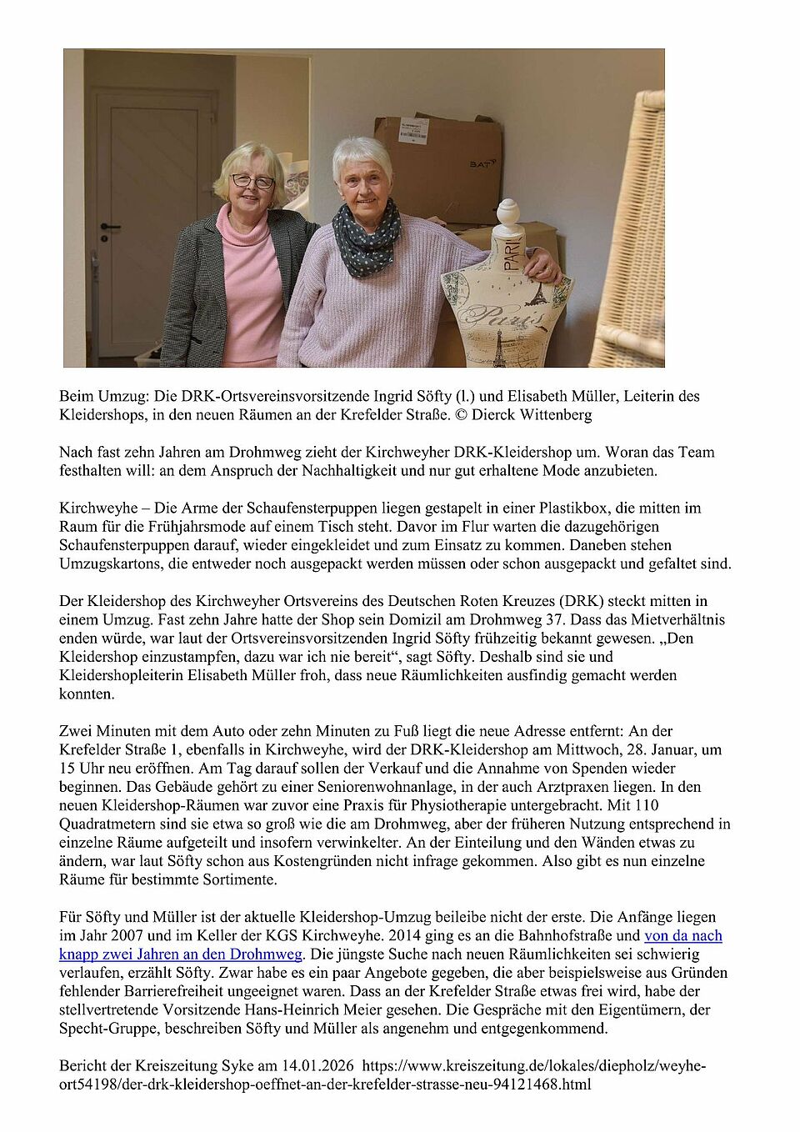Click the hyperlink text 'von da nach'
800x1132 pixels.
[x=682, y=936]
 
